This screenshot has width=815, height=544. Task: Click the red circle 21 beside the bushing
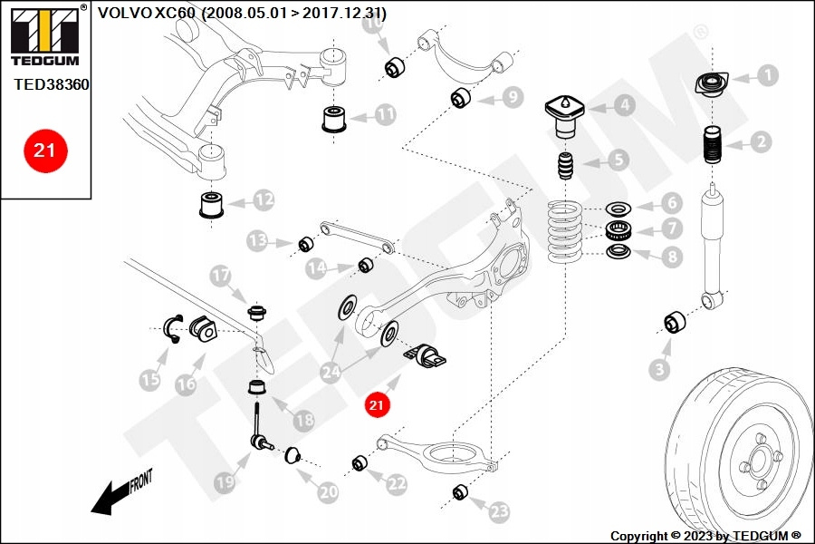[x=377, y=405]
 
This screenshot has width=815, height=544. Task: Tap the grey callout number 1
[x=767, y=75]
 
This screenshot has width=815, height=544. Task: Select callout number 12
[x=263, y=199]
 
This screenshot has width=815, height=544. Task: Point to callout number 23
[x=499, y=512]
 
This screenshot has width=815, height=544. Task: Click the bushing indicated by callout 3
[x=675, y=322]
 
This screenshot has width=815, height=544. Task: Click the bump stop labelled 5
[x=566, y=169]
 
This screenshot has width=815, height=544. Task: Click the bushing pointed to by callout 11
[x=336, y=119]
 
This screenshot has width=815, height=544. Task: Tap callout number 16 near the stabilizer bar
[x=186, y=385]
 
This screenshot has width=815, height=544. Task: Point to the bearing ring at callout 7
[x=618, y=229]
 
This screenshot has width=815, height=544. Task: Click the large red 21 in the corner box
[x=44, y=151]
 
